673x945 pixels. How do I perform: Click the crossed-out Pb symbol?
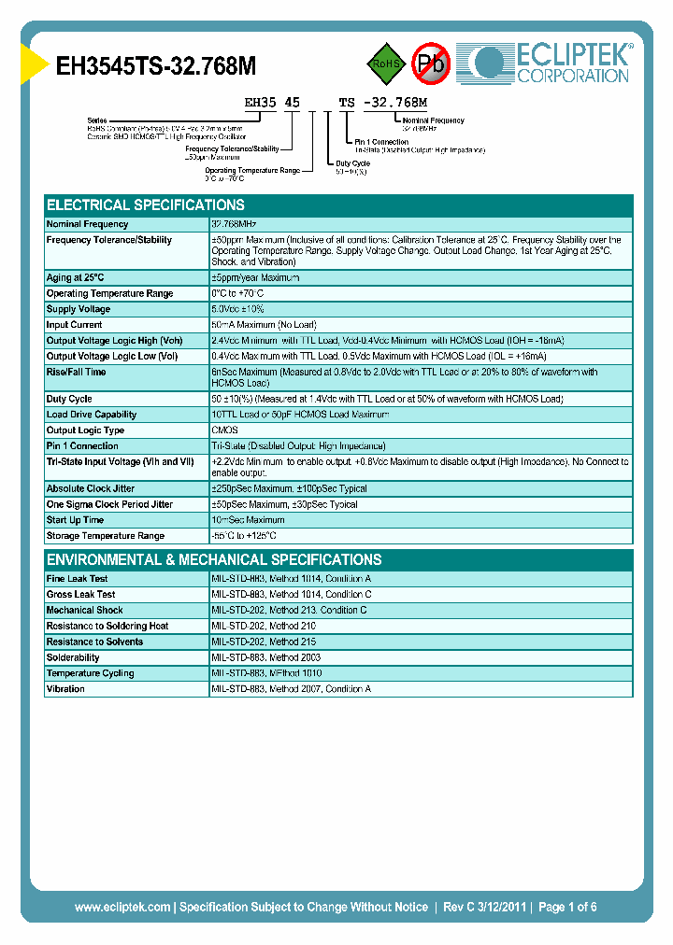coord(431,63)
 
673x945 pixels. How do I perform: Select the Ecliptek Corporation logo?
coord(552,63)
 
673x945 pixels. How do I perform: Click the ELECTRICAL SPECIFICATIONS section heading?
coord(146,205)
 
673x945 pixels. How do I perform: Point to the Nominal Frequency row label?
coord(88,224)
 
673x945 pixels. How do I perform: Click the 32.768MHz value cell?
coord(234,224)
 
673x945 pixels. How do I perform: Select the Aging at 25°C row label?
coord(76,277)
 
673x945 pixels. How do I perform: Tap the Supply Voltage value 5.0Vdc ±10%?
coord(238,309)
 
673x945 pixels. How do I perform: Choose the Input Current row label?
coord(75,325)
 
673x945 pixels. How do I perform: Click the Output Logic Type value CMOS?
coord(224,430)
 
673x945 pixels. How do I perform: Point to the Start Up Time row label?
coord(76,520)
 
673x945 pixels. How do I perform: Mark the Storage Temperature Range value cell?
coord(244,536)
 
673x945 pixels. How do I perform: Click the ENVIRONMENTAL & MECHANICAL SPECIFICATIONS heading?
coord(214,560)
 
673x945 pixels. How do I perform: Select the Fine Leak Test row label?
coord(78,579)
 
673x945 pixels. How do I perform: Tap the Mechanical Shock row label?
coord(85,611)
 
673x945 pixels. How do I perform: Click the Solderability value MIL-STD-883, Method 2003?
coord(266,657)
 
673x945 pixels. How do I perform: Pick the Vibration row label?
coord(66,689)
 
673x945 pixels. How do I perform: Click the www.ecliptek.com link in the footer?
coord(122,907)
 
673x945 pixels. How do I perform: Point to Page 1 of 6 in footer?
coord(567,907)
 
